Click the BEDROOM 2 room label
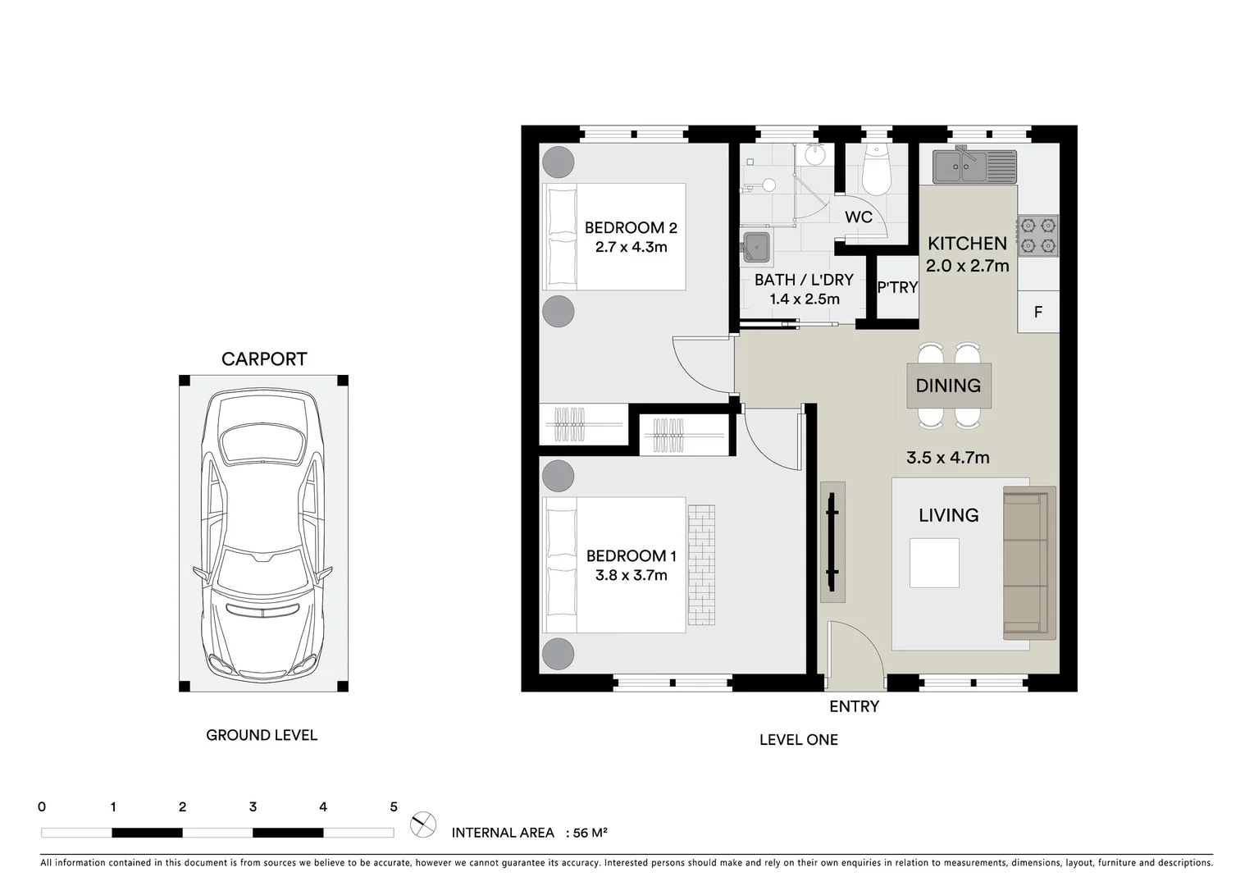[630, 228]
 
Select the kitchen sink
[974, 167]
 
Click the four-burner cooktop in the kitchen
[1037, 235]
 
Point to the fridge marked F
[1037, 313]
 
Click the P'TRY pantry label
[897, 288]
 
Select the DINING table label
[948, 386]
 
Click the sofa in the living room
[1028, 563]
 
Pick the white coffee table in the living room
[934, 563]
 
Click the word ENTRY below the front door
[854, 706]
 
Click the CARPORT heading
[264, 359]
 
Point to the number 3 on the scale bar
[253, 807]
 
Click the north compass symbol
[423, 824]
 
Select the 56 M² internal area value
[590, 833]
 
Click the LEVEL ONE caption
[798, 740]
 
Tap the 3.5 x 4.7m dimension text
[947, 458]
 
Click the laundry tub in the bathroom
[756, 248]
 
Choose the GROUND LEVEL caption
[262, 736]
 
